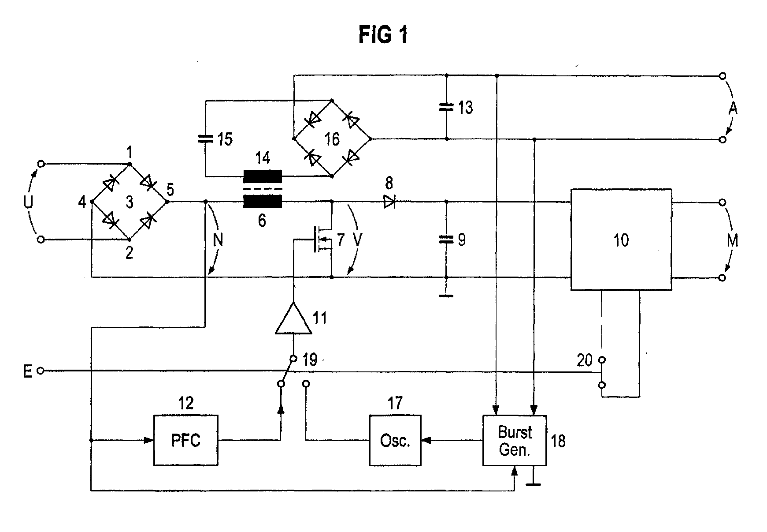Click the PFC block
pos(185,440)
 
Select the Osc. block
pos(395,440)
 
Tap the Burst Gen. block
pos(515,440)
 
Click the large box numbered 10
pos(621,240)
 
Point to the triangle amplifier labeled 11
pos(293,318)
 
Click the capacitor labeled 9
pos(446,240)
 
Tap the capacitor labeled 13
pos(446,107)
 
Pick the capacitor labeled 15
pos(205,139)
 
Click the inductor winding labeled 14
pos(263,176)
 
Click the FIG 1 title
pos(383,34)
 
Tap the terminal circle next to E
pos(41,371)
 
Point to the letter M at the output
pos(733,240)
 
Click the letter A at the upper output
pos(733,108)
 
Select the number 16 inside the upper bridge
pos(332,139)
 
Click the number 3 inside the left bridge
pos(129,202)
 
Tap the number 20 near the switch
pos(585,360)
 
